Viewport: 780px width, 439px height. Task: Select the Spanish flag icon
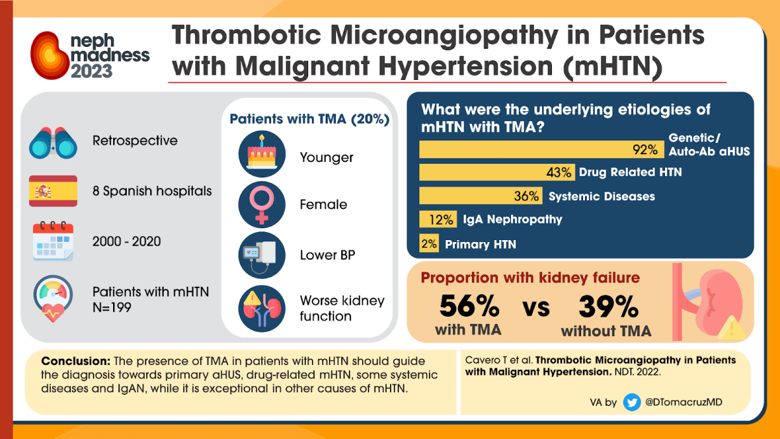53,191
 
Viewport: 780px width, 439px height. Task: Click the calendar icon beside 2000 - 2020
53,241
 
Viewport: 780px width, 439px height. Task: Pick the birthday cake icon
261,155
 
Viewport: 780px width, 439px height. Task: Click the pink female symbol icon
261,204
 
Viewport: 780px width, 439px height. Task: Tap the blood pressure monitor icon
261,254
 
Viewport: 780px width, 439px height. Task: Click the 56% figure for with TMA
469,306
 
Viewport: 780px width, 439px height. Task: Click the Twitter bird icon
631,403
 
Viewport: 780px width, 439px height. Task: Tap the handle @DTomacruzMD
683,403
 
